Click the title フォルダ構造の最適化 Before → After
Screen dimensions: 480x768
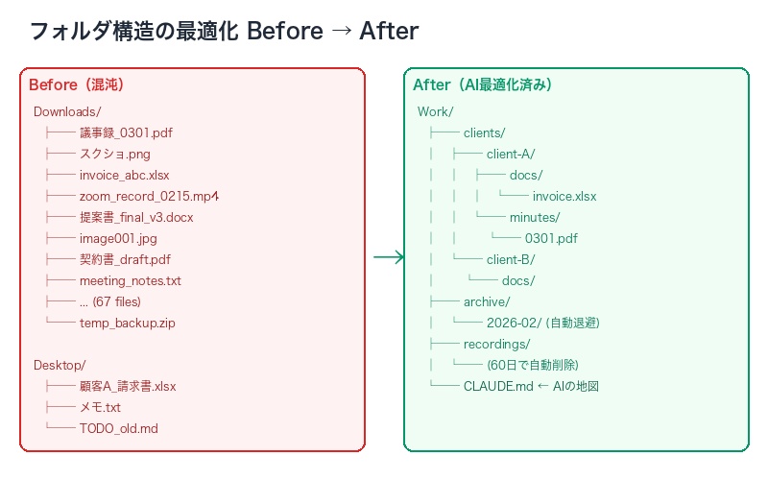click(224, 31)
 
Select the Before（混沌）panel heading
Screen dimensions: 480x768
click(77, 84)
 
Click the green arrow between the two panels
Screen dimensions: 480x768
click(388, 256)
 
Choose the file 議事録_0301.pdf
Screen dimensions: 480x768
click(126, 132)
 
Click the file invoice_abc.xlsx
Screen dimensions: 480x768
click(124, 175)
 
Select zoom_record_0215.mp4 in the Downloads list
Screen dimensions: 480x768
click(150, 196)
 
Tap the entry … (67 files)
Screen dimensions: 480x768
click(113, 301)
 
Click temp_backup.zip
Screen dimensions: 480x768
click(127, 323)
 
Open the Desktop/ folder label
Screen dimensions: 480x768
click(60, 365)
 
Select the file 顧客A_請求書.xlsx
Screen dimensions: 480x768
click(128, 386)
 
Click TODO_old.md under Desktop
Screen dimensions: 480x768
click(118, 428)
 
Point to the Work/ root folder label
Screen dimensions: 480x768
click(435, 111)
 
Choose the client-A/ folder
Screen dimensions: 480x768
click(510, 154)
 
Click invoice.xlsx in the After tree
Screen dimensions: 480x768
click(564, 196)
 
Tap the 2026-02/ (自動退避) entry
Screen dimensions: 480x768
click(542, 323)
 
